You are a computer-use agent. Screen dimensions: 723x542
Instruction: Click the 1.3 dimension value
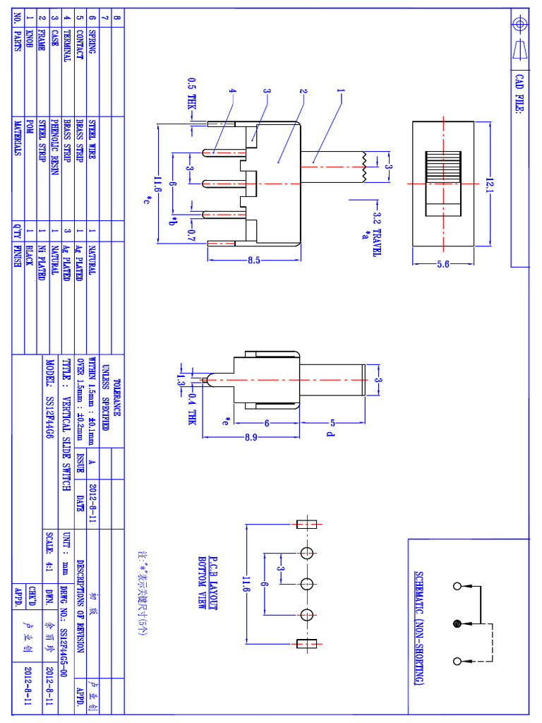tap(181, 381)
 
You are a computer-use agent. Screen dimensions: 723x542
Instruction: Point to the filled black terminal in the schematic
tap(457, 623)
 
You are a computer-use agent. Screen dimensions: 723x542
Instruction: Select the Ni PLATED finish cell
tap(41, 261)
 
